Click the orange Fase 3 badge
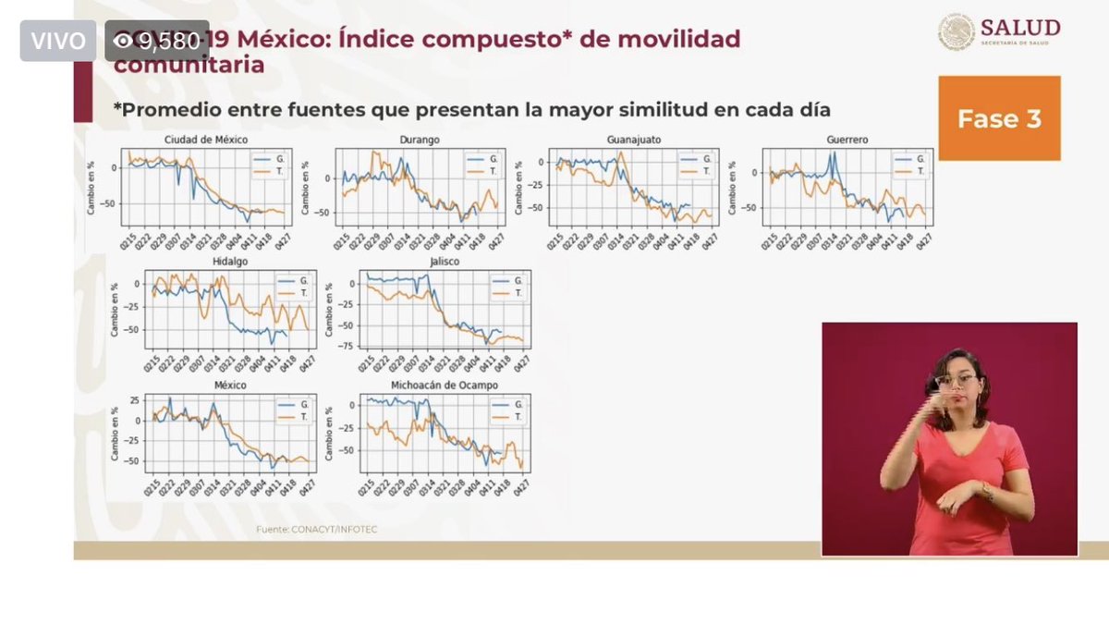999,118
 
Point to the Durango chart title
420,140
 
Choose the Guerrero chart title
848,140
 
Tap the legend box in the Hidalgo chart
291,287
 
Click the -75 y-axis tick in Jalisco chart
349,346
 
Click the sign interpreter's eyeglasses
955,381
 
